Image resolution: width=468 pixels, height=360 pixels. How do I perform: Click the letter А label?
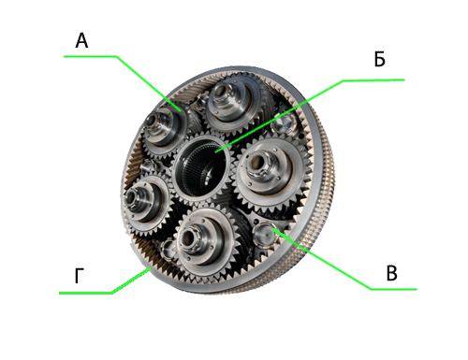[x=81, y=41]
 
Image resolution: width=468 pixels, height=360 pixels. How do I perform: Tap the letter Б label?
[x=380, y=59]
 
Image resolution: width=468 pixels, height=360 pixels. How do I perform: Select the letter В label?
[x=392, y=273]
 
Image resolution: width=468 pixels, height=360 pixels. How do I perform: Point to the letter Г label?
[x=80, y=276]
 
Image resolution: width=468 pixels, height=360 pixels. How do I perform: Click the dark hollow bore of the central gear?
[x=200, y=168]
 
